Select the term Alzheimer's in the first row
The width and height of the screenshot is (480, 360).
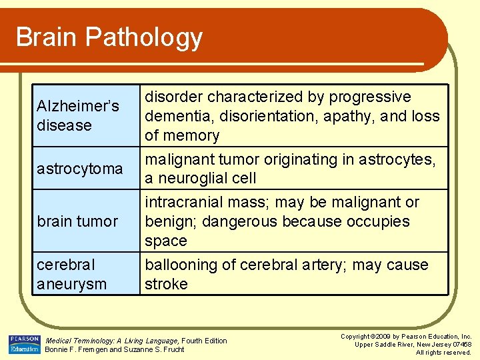(78, 106)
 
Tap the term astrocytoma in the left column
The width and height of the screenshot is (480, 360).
(80, 169)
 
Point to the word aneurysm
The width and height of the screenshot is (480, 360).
(71, 284)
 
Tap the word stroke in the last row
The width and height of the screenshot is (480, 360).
(166, 284)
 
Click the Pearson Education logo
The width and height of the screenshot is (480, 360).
(25, 345)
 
